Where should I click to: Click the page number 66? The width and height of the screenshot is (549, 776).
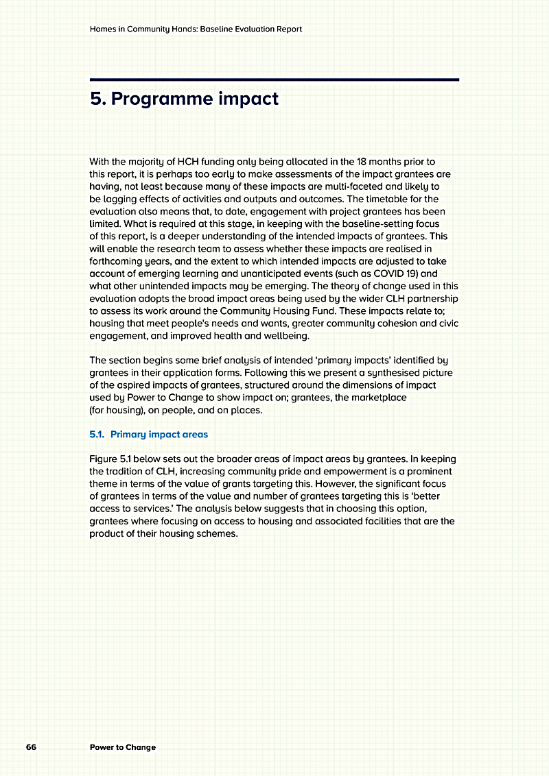point(31,747)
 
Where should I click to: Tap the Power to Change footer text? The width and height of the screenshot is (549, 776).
point(123,747)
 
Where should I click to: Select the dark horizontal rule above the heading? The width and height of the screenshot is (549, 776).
point(274,80)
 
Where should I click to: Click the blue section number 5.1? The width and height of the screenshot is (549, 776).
point(97,434)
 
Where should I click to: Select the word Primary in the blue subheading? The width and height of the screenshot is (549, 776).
point(127,434)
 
